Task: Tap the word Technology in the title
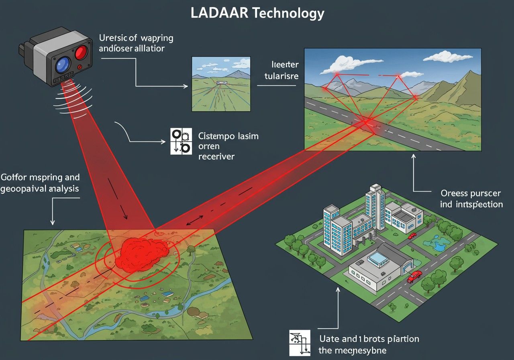pos(288,13)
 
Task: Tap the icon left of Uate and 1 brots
pos(300,343)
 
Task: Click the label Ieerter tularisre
pos(281,70)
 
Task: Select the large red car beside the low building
pos(414,276)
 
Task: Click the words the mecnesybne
pos(352,350)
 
